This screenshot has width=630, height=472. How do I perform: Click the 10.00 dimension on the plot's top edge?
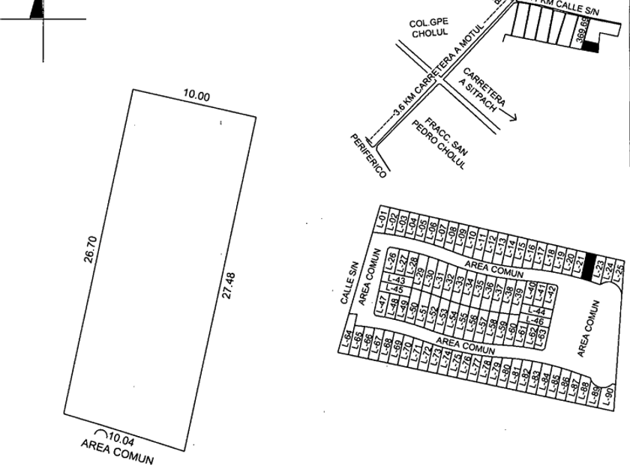point(197,97)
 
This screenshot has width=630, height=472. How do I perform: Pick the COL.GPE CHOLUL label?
point(429,29)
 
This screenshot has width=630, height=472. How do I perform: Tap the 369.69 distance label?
point(584,31)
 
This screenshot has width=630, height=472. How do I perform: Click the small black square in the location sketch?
point(592,47)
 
